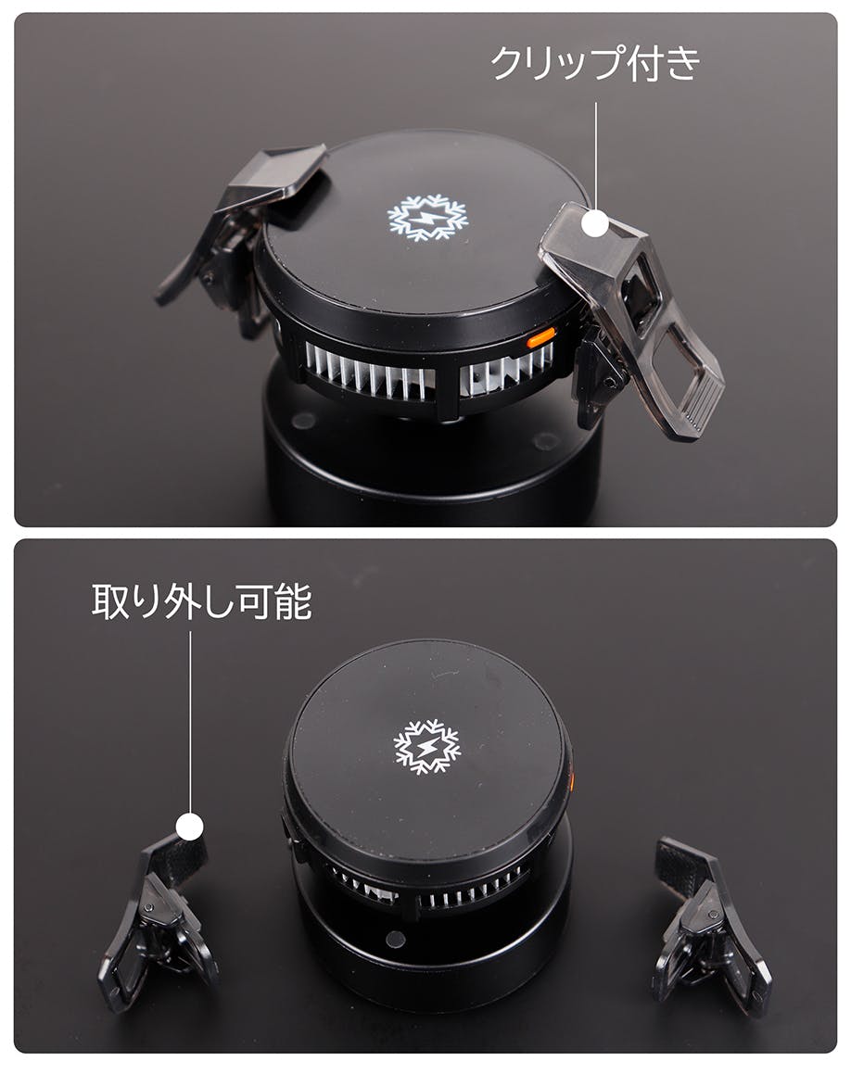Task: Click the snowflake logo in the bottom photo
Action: [x=426, y=747]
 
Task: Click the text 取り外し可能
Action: [x=202, y=601]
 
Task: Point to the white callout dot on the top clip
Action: [x=595, y=223]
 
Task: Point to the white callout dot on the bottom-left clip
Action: [x=190, y=827]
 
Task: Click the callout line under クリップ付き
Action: [x=595, y=157]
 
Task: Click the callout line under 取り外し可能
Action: [x=190, y=723]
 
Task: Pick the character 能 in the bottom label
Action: [x=293, y=601]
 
